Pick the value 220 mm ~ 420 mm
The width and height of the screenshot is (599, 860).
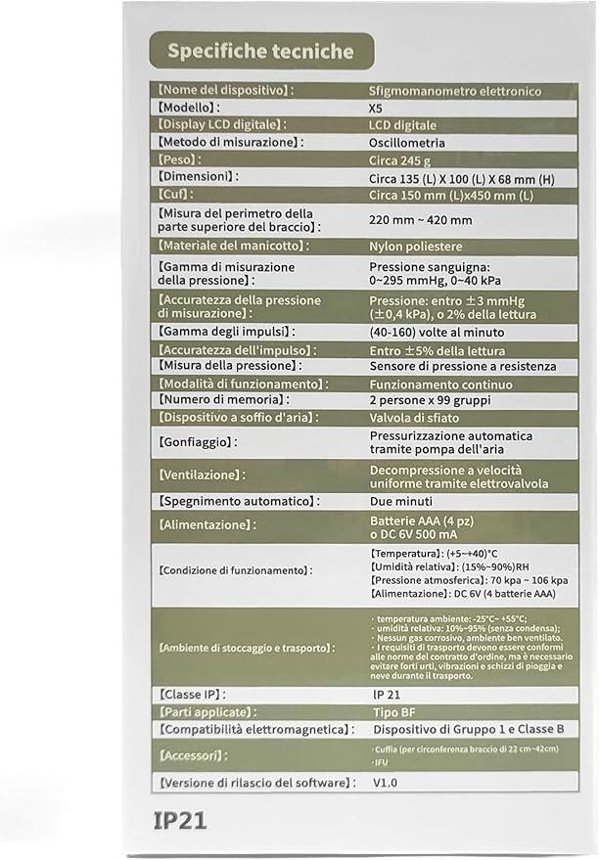pos(420,221)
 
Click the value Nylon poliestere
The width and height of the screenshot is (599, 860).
pos(415,247)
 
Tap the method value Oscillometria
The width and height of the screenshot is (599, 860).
pos(408,142)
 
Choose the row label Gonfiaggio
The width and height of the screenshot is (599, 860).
pos(198,442)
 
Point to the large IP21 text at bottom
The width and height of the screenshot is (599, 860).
pos(180,820)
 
